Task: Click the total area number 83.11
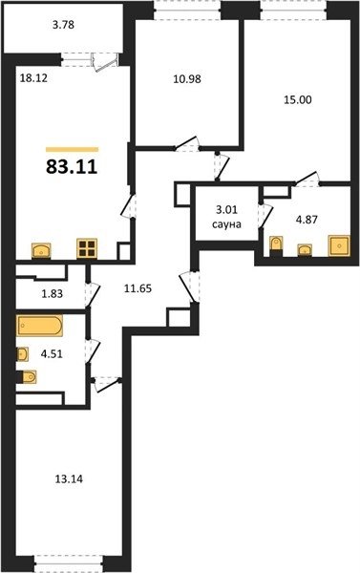(x=72, y=166)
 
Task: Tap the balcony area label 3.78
(x=63, y=25)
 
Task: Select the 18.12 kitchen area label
(x=33, y=78)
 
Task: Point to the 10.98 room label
(x=187, y=79)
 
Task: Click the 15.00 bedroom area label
(x=298, y=99)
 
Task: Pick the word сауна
(x=226, y=223)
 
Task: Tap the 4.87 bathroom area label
(x=307, y=220)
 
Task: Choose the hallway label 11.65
(x=138, y=288)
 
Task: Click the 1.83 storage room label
(x=52, y=294)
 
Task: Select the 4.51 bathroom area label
(x=52, y=354)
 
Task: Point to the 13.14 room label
(x=69, y=478)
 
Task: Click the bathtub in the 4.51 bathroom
(x=39, y=326)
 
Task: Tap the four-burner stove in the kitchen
(x=87, y=248)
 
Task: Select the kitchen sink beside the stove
(x=41, y=251)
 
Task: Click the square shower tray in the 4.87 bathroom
(x=339, y=246)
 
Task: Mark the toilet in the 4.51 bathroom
(x=27, y=377)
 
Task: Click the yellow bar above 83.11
(x=73, y=149)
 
